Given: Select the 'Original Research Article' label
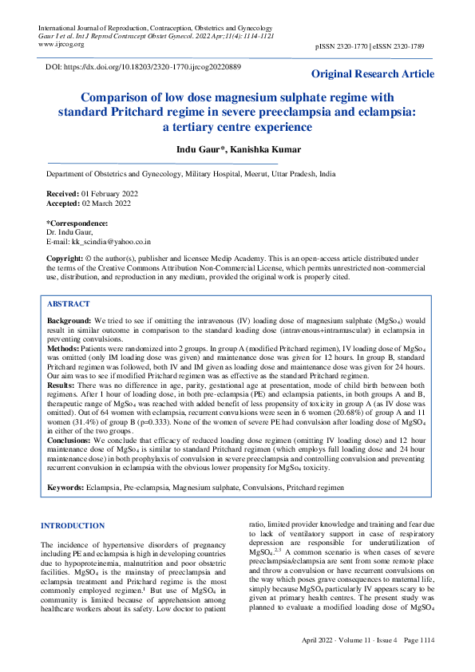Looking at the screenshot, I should (373, 74).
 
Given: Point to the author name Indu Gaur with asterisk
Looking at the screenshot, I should (201, 149).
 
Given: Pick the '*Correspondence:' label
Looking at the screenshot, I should (77, 223).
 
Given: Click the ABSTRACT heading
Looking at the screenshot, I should (69, 304).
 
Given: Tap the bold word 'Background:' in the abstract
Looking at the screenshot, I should (69, 319).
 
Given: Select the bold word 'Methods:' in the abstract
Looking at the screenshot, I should (64, 349).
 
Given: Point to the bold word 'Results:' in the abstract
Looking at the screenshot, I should (61, 385).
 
